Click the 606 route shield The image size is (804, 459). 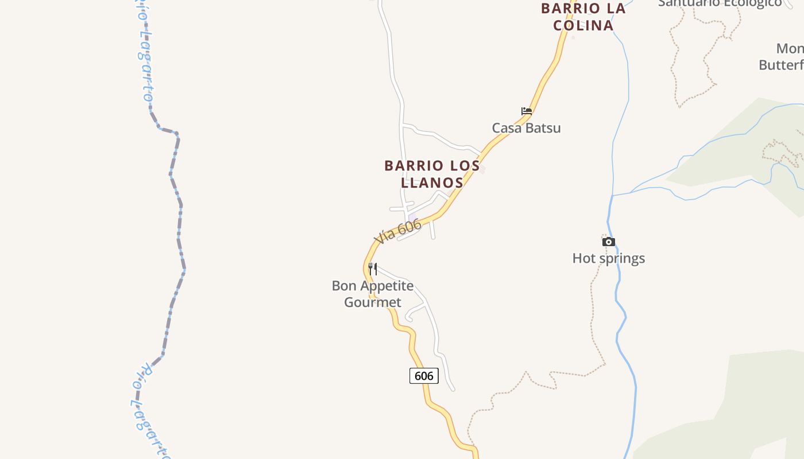tap(424, 376)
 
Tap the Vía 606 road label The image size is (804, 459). tap(397, 231)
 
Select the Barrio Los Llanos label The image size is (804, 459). tap(432, 174)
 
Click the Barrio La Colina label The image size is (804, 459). tap(583, 17)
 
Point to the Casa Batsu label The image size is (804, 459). tap(526, 128)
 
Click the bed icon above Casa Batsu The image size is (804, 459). tap(526, 111)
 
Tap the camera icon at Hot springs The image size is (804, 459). tap(608, 242)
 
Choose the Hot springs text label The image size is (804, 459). tap(608, 258)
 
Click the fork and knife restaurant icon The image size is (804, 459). tap(373, 269)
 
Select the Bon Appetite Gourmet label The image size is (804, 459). tap(373, 294)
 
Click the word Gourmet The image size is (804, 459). tap(373, 302)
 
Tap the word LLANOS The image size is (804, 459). tap(432, 182)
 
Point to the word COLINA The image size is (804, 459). tap(583, 25)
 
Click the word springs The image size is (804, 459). tap(620, 259)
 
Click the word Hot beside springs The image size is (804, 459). tap(582, 258)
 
